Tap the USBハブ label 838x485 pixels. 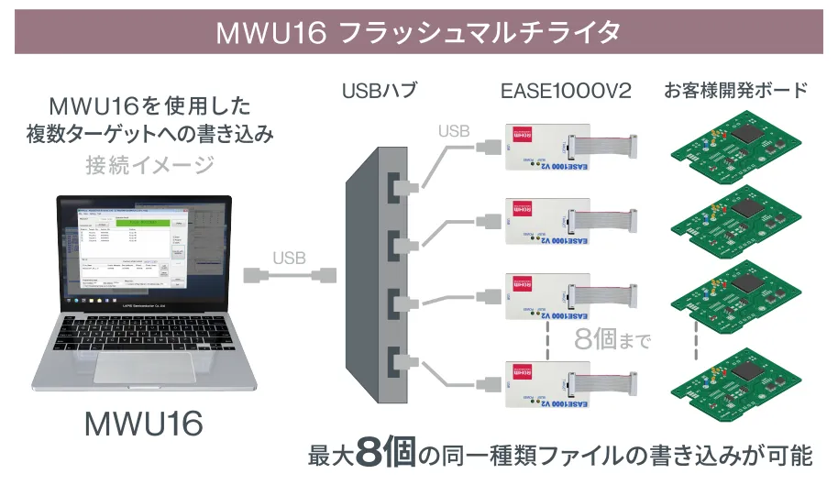click(x=378, y=91)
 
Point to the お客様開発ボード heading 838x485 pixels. click(x=736, y=91)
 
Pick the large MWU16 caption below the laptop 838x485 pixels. click(x=143, y=424)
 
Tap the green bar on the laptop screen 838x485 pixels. click(x=143, y=223)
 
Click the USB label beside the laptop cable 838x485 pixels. click(x=289, y=257)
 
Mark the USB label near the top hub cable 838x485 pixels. click(x=454, y=131)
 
